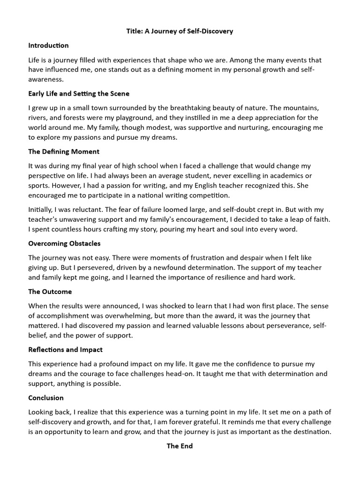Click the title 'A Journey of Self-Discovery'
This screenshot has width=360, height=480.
pyautogui.click(x=180, y=31)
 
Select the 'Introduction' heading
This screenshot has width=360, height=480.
pyautogui.click(x=48, y=45)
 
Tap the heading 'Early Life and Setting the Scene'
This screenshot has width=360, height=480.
pyautogui.click(x=79, y=93)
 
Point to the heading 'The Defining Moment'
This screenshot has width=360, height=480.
pyautogui.click(x=64, y=151)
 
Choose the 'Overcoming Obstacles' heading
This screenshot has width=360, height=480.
pyautogui.click(x=64, y=243)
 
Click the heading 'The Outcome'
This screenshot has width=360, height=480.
pyautogui.click(x=50, y=292)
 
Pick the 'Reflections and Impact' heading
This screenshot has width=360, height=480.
pyautogui.click(x=65, y=350)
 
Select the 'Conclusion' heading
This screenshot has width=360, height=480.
pyautogui.click(x=46, y=397)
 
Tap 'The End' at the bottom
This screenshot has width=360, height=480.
pyautogui.click(x=180, y=446)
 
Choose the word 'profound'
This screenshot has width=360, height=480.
pyautogui.click(x=110, y=364)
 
